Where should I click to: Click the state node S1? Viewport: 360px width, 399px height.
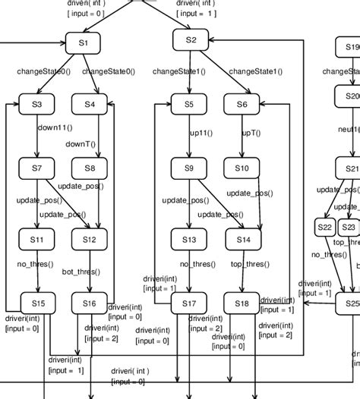pos(84,43)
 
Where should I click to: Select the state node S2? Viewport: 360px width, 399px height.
pos(191,39)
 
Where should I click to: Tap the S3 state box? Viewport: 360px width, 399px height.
pos(36,104)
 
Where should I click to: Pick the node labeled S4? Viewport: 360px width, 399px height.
pos(90,104)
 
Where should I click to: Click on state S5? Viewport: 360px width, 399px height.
pos(188,104)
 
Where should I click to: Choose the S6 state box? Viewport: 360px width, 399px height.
pos(242,104)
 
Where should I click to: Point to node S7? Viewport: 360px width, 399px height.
pos(36,168)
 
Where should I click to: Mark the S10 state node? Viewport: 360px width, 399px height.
pos(242,168)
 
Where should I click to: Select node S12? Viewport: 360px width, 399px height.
pos(90,240)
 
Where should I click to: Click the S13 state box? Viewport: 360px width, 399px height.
pos(188,240)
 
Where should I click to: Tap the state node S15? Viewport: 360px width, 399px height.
pos(36,303)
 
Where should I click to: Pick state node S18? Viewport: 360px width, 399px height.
pos(242,303)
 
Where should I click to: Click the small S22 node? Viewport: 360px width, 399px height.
pos(324,227)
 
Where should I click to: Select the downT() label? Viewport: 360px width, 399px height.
pos(81,143)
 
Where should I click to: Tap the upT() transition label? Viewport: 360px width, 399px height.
pos(251,133)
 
